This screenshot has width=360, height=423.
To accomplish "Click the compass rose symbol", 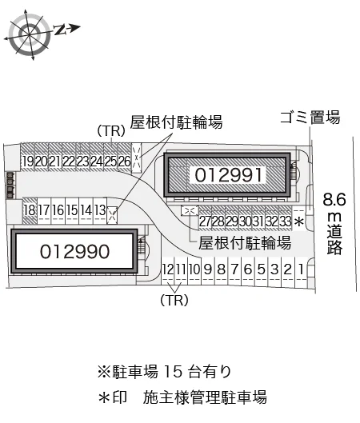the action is click(30, 34).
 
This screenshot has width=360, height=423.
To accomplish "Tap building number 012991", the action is click(229, 175).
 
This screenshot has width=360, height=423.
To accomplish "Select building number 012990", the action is click(74, 251).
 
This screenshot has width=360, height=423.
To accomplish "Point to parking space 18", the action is click(30, 210).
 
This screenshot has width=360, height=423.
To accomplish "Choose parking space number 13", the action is click(100, 210).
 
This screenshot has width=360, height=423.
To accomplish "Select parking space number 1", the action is click(301, 269).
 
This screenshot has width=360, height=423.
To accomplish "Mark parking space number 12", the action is click(168, 269).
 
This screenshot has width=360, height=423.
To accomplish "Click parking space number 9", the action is click(208, 269).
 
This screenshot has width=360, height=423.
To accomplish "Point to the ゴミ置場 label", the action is click(310, 118).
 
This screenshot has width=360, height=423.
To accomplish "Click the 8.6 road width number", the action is click(334, 200).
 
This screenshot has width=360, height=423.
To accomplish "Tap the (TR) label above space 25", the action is click(111, 131).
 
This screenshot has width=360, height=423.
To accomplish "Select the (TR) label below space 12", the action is click(174, 300).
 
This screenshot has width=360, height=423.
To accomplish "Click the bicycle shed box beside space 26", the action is click(136, 158).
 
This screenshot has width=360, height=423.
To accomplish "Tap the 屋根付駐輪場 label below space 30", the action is click(245, 243).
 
